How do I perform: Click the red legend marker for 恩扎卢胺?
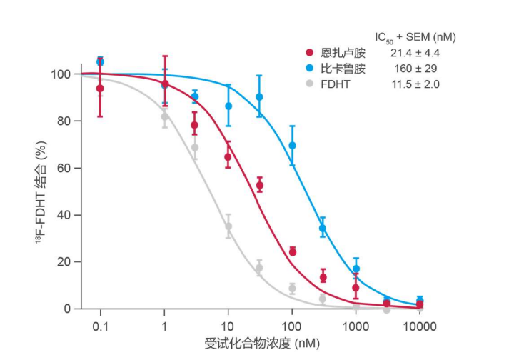(309, 53)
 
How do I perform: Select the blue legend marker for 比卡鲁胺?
(309, 69)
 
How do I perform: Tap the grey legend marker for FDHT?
(309, 84)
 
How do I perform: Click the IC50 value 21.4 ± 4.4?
(415, 53)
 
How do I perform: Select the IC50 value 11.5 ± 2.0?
(415, 84)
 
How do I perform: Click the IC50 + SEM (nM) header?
(415, 36)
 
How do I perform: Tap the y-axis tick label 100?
(60, 74)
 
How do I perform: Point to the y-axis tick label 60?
(63, 169)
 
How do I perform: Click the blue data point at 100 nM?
(292, 146)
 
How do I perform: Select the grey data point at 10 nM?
(228, 226)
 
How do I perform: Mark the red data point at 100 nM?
(292, 251)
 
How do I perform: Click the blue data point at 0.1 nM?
(100, 62)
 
